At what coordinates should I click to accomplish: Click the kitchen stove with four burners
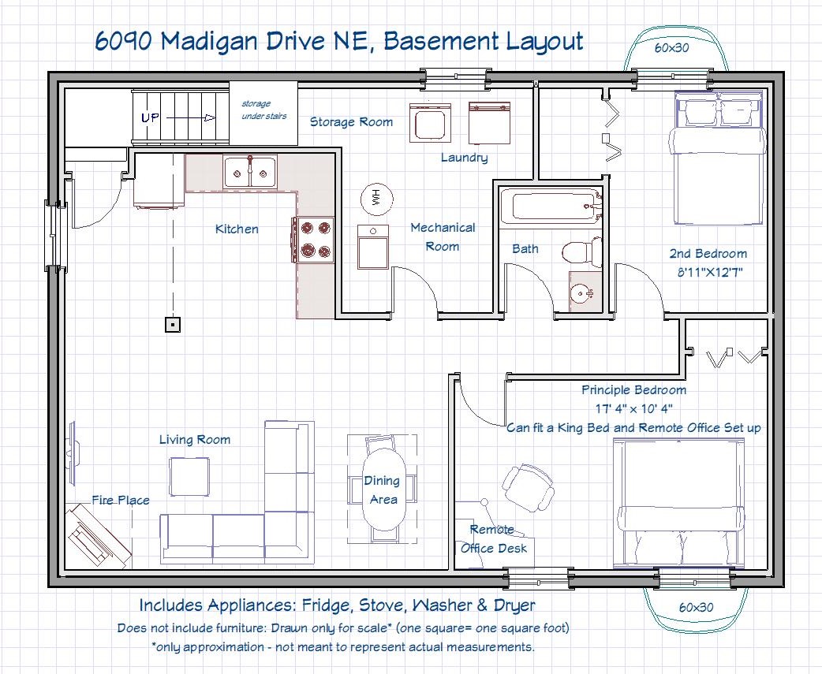point(313,240)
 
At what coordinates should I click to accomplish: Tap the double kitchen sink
point(250,172)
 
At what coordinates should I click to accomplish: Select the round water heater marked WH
point(376,199)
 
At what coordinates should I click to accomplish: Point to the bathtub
point(550,206)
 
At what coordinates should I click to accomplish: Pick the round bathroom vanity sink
point(581,294)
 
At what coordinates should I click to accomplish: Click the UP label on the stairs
point(151,117)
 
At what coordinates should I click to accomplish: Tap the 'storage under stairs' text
point(263,110)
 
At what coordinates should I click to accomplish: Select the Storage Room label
point(351,122)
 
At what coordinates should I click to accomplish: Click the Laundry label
point(464,158)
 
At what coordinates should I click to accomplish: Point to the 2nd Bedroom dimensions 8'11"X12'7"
point(710,272)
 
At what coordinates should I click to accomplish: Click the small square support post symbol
point(173,325)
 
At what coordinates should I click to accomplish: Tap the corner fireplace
point(98,535)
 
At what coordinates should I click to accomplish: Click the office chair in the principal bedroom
point(528,487)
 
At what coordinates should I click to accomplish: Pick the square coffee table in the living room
point(190,477)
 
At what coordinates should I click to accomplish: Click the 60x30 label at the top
point(671,47)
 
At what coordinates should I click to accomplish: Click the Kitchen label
point(237,229)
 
